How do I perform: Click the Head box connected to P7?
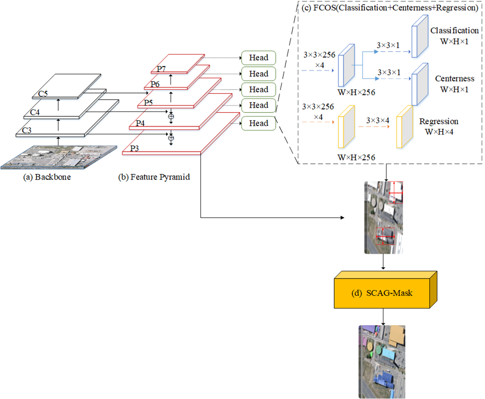(x=258, y=58)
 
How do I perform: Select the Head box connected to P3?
(x=258, y=124)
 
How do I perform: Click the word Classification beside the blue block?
(x=454, y=31)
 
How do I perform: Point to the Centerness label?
(x=454, y=79)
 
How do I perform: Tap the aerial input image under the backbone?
(x=58, y=157)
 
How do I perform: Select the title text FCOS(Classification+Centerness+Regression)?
(x=390, y=8)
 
